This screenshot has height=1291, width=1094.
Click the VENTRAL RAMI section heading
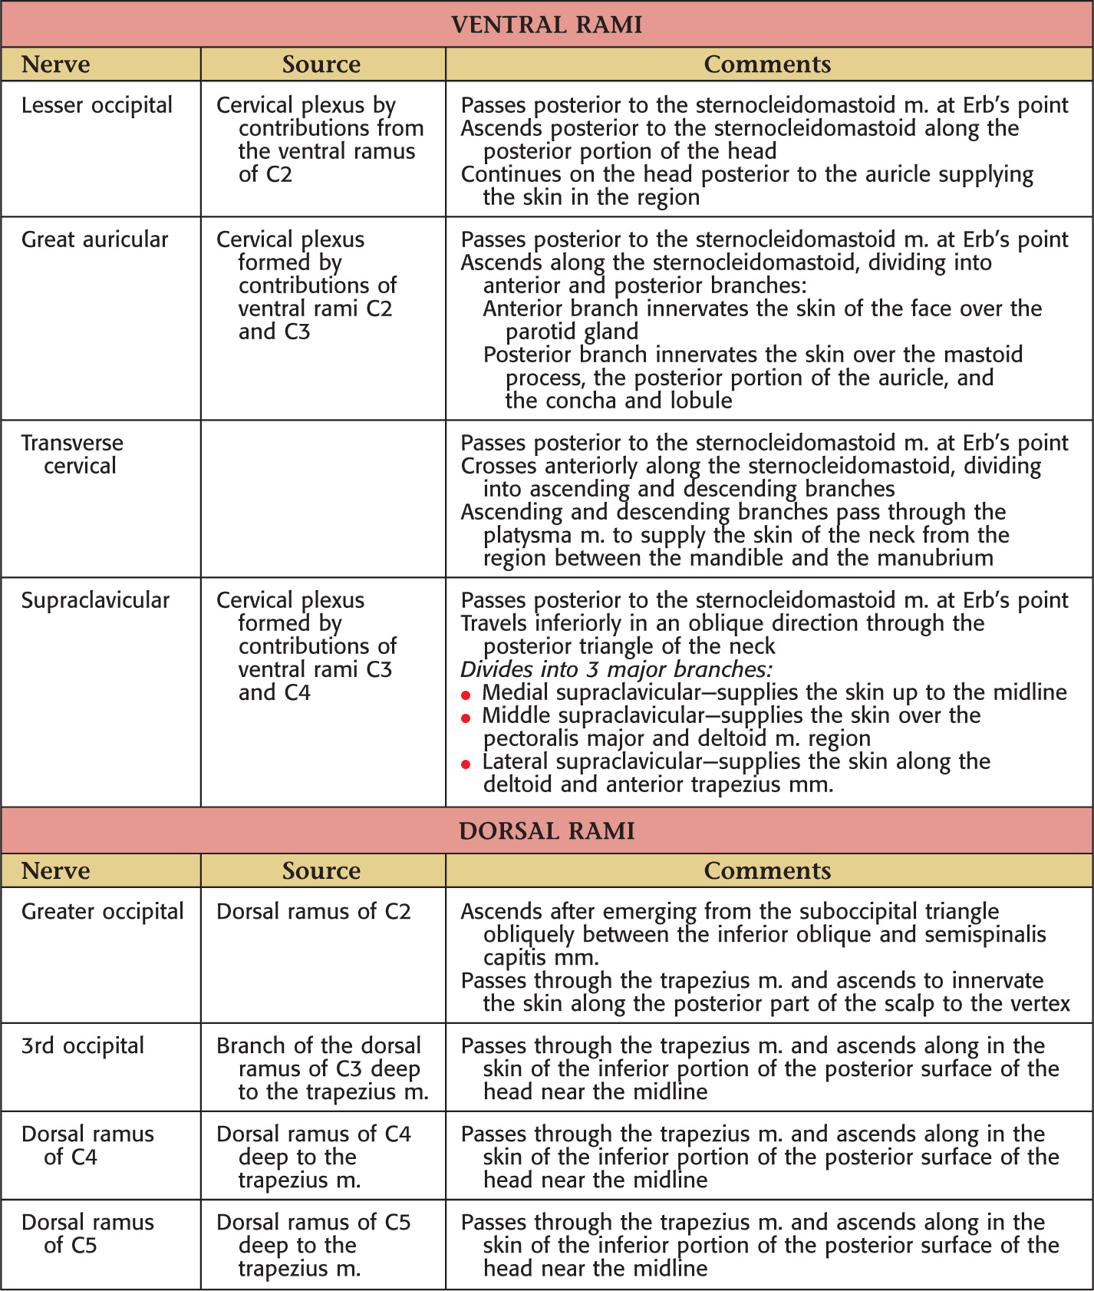tap(546, 25)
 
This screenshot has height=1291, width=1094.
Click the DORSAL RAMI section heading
tap(546, 831)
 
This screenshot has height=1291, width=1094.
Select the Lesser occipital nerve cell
tap(97, 105)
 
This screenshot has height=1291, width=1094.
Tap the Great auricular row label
tap(94, 239)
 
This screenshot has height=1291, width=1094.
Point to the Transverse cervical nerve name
tap(72, 454)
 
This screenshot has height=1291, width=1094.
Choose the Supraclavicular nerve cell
tap(95, 600)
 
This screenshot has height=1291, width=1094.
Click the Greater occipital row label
tap(102, 912)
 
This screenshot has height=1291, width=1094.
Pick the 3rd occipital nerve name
tap(83, 1046)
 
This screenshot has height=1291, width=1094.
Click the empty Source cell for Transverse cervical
tap(323, 498)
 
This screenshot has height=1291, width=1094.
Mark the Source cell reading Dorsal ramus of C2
tap(313, 912)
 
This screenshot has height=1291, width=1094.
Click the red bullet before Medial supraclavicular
tap(466, 695)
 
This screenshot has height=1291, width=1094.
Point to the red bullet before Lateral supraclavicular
tap(466, 764)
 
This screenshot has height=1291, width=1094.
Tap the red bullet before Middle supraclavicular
tap(466, 718)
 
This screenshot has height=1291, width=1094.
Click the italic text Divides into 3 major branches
tap(616, 669)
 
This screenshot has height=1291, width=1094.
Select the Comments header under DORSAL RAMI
tap(767, 870)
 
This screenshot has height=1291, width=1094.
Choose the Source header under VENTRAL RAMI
tap(321, 64)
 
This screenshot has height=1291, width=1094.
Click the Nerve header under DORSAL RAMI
tap(55, 870)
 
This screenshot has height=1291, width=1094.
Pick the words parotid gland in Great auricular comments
tap(572, 332)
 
